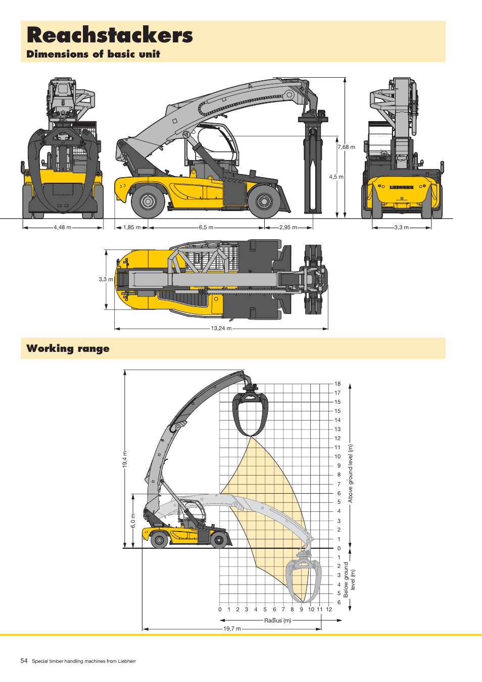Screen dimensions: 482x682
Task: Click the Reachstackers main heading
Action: (110, 35)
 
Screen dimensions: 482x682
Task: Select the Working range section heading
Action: (68, 348)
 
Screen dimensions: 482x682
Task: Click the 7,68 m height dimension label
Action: (347, 147)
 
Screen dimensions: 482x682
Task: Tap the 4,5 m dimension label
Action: (336, 177)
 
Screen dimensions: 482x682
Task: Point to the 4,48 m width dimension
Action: (63, 227)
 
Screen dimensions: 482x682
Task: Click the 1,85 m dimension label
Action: (132, 228)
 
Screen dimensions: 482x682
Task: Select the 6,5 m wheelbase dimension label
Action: (206, 228)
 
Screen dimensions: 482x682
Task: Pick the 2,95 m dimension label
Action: (288, 228)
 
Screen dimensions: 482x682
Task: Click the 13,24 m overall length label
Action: (221, 329)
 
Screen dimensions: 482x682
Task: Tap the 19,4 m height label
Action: (125, 459)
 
